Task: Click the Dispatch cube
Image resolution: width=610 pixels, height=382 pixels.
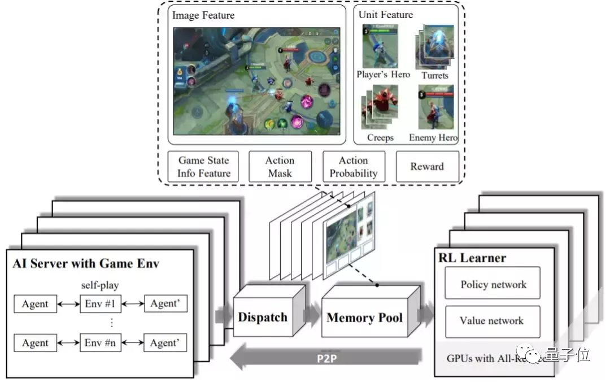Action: (x=262, y=317)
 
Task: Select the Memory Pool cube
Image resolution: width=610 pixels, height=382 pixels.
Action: (x=364, y=317)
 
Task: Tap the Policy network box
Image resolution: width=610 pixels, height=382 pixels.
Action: (x=492, y=284)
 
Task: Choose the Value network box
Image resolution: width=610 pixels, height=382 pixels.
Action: (x=492, y=321)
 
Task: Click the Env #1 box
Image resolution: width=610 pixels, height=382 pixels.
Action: (x=101, y=304)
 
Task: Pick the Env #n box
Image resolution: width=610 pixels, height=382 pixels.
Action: (x=101, y=342)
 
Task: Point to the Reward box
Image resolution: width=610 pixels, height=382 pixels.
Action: (x=427, y=166)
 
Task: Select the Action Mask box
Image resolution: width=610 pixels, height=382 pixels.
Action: (x=280, y=167)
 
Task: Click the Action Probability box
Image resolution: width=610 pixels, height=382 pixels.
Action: (x=354, y=167)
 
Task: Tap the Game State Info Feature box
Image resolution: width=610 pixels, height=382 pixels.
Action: (x=203, y=167)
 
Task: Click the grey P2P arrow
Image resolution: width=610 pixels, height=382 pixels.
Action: (x=328, y=358)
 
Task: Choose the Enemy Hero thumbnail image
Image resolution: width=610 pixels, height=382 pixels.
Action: (x=435, y=107)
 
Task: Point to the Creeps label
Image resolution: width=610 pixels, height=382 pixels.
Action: (x=380, y=137)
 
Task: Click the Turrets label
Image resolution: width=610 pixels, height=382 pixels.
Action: (x=435, y=75)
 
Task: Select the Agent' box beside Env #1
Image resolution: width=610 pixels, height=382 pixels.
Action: (x=165, y=304)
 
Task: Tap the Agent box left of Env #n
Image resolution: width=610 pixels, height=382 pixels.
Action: (x=35, y=342)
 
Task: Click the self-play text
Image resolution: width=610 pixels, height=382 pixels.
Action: (x=101, y=285)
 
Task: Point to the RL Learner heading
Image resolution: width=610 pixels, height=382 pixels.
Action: (x=472, y=258)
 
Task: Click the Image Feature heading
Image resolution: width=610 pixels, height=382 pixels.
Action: (x=203, y=15)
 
